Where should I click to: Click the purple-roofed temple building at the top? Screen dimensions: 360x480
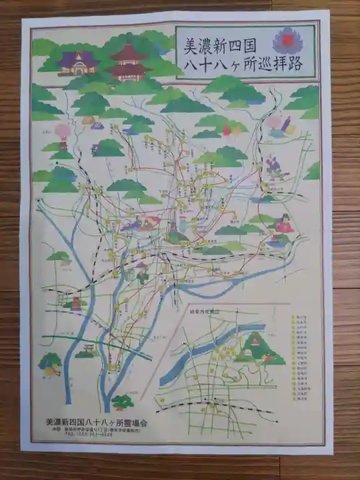(78, 63)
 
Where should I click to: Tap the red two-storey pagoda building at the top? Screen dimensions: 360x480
(129, 60)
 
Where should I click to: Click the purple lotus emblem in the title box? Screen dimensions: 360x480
(288, 42)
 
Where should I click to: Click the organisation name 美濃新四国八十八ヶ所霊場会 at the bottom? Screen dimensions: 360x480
(97, 421)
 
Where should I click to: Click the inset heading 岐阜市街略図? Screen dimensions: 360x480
(199, 311)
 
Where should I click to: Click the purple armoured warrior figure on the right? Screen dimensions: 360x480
(273, 165)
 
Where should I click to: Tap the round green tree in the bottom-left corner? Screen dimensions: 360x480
(50, 363)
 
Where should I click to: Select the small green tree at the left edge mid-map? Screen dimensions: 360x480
(59, 256)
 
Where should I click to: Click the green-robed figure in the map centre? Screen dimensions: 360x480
(141, 273)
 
